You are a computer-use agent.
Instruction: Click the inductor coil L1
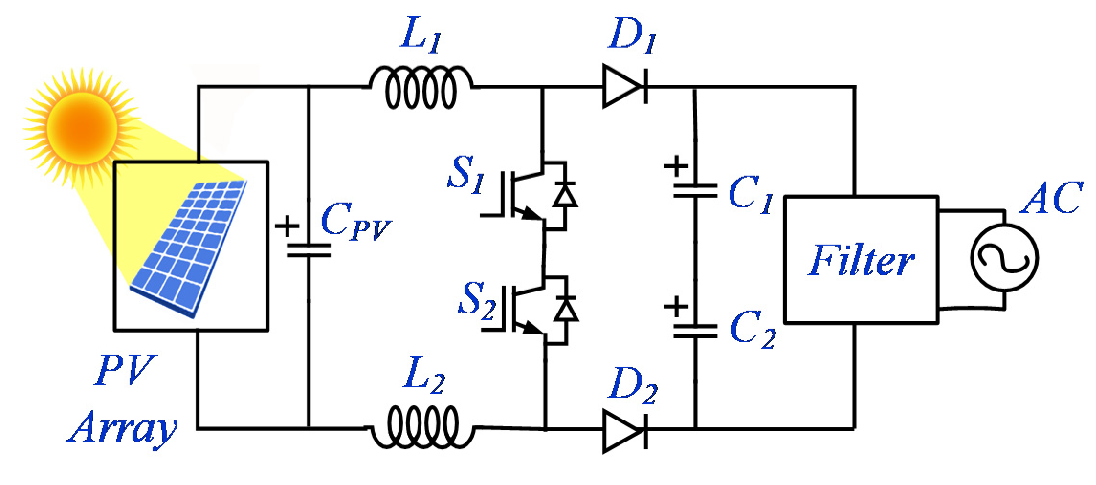421,88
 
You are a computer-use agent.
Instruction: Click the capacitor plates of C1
695,191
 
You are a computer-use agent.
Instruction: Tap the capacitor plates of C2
695,331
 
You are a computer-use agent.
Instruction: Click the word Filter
861,260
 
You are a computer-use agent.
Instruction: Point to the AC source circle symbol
1004,258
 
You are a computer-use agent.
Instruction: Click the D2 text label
632,385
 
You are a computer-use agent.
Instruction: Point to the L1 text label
421,34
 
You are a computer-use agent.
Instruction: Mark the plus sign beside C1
676,167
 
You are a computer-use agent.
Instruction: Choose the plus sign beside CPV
287,226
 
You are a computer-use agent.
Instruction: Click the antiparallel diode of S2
565,310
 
